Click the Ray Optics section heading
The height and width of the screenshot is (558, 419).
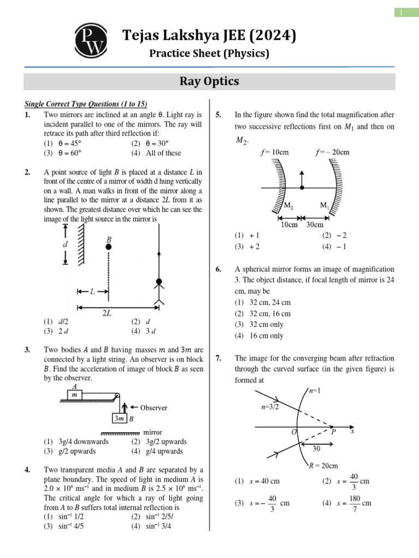coord(209,81)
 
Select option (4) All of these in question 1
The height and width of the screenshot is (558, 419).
coord(156,153)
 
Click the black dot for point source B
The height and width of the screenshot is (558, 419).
coord(109,247)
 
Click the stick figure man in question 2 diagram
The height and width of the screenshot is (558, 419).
coord(159,289)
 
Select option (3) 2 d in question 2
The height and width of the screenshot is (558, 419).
coord(58,331)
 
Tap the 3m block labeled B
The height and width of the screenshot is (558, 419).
coord(119,418)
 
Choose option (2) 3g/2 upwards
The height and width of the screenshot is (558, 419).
coord(159,441)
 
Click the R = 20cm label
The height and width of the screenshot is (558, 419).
coord(323,465)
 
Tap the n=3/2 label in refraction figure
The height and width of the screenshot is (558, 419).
coord(271,407)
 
